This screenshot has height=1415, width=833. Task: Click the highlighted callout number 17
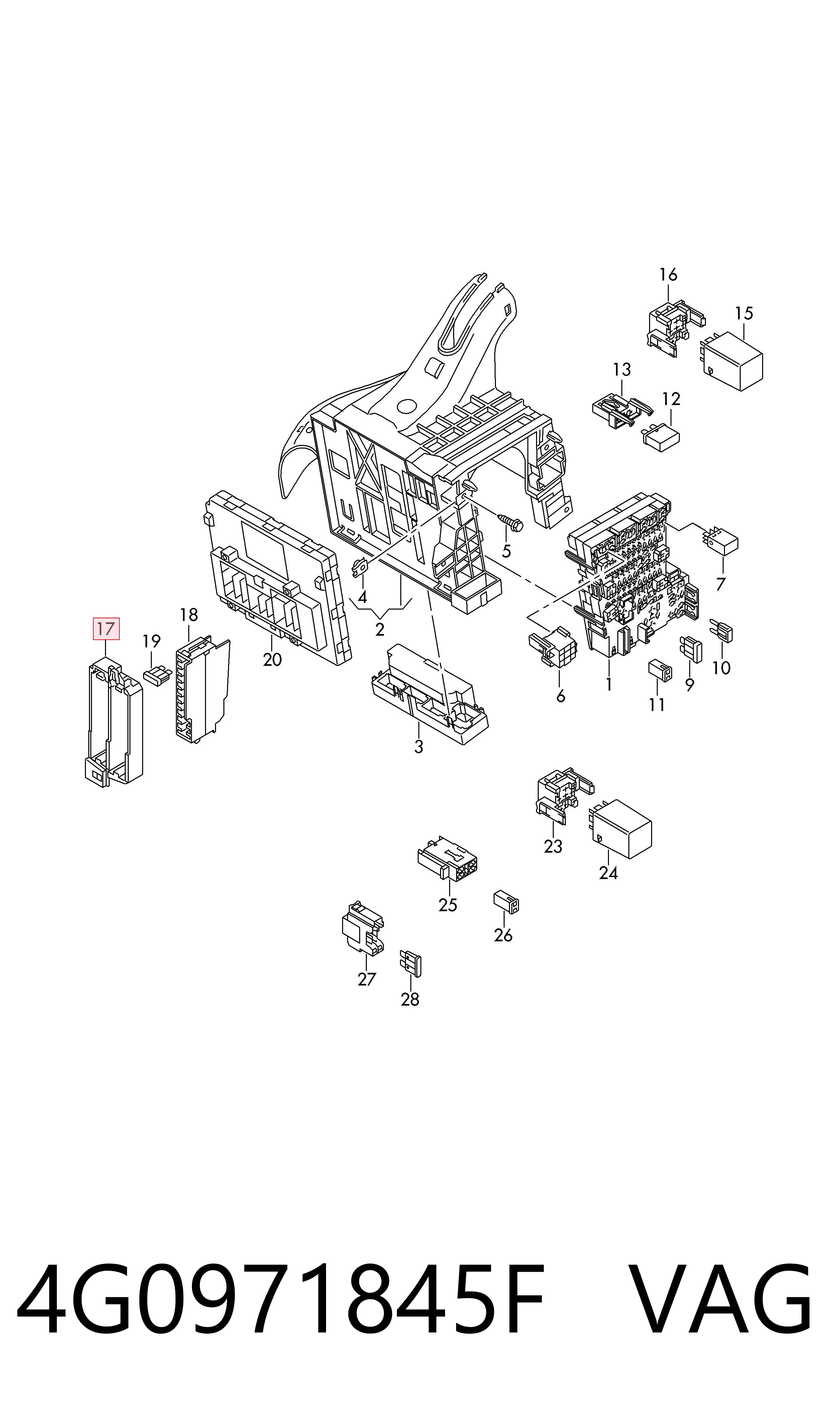[106, 629]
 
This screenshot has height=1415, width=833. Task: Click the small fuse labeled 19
[158, 676]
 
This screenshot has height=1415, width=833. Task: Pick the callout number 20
[272, 659]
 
